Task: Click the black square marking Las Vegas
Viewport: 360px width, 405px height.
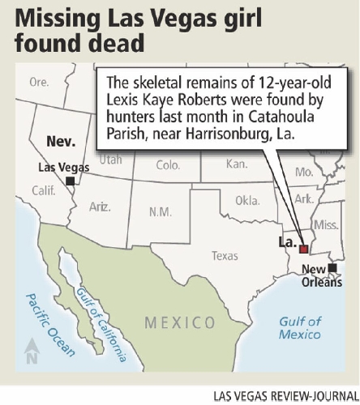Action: tap(71, 181)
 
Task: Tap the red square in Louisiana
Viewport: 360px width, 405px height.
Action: tap(302, 249)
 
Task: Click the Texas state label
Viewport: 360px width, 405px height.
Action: tap(225, 256)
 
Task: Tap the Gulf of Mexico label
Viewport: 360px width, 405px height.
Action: tap(301, 326)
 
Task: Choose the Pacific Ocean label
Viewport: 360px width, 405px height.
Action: tap(49, 324)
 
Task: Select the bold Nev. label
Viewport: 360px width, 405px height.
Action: tap(61, 142)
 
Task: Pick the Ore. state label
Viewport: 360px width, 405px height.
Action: tap(39, 82)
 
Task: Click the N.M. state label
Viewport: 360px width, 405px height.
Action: tap(161, 212)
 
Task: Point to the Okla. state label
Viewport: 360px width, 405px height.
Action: tap(248, 200)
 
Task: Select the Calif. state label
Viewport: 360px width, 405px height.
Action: tap(41, 191)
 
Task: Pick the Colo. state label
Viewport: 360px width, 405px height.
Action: tap(168, 165)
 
